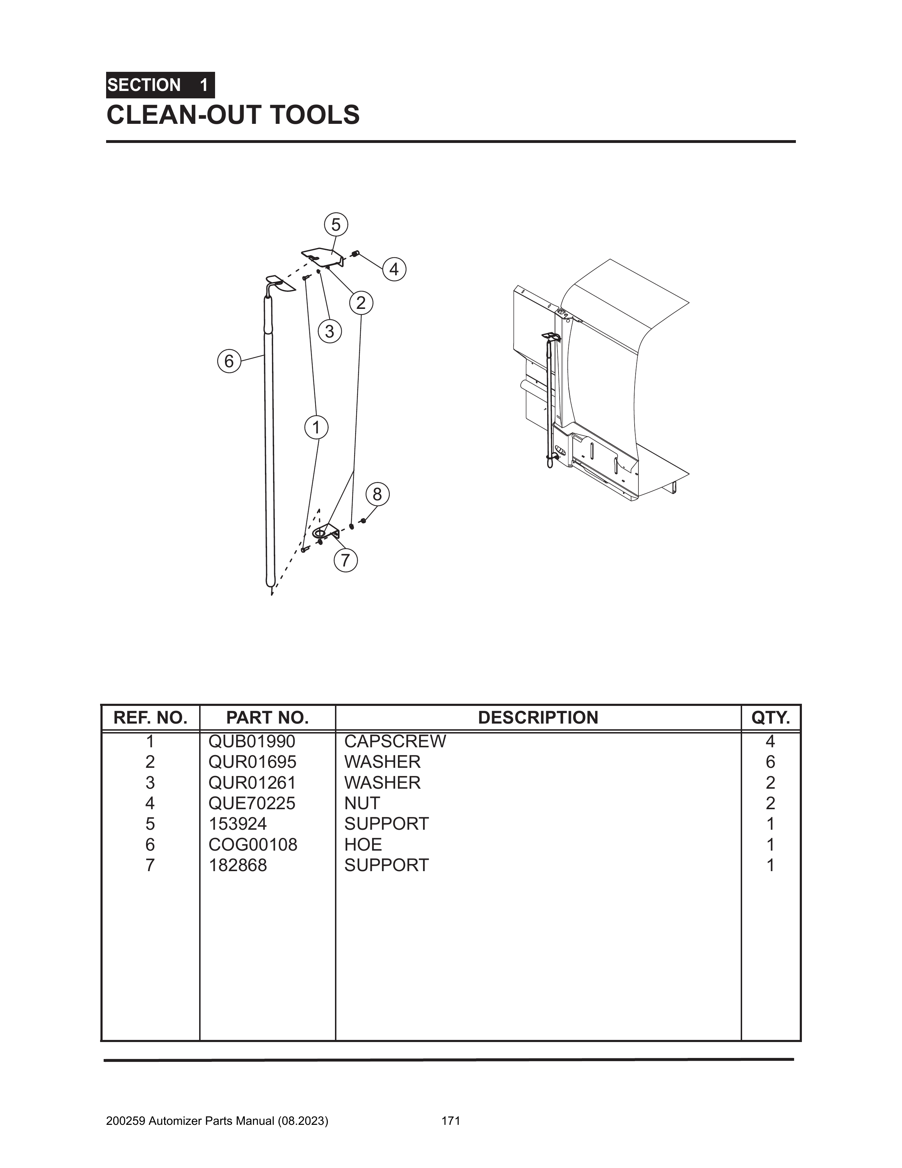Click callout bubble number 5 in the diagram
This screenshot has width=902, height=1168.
pyautogui.click(x=336, y=225)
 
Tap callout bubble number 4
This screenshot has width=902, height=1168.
pyautogui.click(x=394, y=269)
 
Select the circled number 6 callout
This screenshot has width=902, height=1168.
pyautogui.click(x=229, y=362)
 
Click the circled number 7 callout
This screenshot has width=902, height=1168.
pyautogui.click(x=345, y=560)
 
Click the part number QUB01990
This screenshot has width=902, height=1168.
pyautogui.click(x=252, y=741)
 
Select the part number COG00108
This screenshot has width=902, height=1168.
pyautogui.click(x=253, y=845)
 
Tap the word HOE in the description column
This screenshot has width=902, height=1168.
pyautogui.click(x=363, y=845)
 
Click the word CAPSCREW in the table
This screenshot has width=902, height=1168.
pyautogui.click(x=395, y=741)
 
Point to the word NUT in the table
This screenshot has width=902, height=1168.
pyautogui.click(x=362, y=803)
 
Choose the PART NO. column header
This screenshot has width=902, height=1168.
pyautogui.click(x=267, y=718)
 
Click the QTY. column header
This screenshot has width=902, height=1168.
pyautogui.click(x=770, y=718)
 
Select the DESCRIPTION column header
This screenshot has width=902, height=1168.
pyautogui.click(x=538, y=718)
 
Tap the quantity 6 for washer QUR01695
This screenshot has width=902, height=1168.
pyautogui.click(x=770, y=762)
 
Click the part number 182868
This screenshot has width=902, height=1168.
pyautogui.click(x=238, y=865)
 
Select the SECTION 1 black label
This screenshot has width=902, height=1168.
pyautogui.click(x=160, y=85)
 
